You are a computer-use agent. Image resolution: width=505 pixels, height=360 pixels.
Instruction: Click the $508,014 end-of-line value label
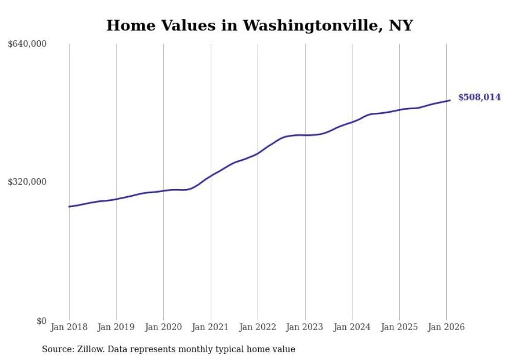pyautogui.click(x=479, y=97)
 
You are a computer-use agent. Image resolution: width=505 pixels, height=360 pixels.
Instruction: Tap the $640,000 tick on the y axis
pyautogui.click(x=27, y=44)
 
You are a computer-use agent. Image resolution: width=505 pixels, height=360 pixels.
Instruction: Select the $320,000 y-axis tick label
pyautogui.click(x=27, y=182)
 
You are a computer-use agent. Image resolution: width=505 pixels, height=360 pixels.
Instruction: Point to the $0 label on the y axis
pyautogui.click(x=41, y=321)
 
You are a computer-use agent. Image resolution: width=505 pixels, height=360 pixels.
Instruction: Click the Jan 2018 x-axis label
pyautogui.click(x=69, y=327)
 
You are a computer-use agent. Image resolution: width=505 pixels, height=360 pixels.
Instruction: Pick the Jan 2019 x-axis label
pyautogui.click(x=116, y=327)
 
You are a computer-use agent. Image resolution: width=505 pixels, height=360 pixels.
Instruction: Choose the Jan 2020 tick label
pyautogui.click(x=163, y=327)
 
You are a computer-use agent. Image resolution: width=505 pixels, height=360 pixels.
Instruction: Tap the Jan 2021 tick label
pyautogui.click(x=211, y=327)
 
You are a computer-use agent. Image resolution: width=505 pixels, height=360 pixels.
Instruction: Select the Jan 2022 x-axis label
pyautogui.click(x=258, y=327)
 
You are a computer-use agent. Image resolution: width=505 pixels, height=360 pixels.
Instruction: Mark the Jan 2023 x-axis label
pyautogui.click(x=305, y=327)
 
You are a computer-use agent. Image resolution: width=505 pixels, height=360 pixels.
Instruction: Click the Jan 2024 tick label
pyautogui.click(x=352, y=327)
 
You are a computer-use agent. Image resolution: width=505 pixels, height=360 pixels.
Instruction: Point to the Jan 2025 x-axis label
pyautogui.click(x=399, y=327)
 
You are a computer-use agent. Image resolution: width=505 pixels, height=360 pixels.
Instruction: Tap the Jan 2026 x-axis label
pyautogui.click(x=446, y=327)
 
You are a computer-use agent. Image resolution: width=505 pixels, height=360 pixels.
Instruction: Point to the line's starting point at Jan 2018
pyautogui.click(x=69, y=207)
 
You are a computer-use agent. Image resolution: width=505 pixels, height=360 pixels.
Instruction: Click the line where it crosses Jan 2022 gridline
pyautogui.click(x=258, y=153)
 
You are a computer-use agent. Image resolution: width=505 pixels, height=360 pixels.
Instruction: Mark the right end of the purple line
pyautogui.click(x=450, y=100)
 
